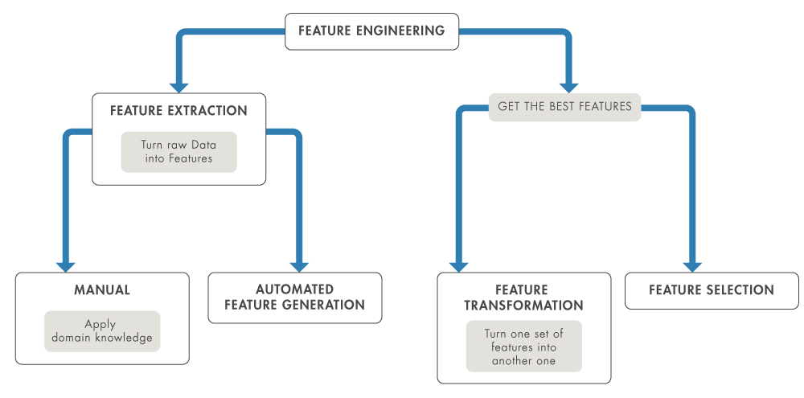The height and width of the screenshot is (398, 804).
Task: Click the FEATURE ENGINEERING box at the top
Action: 371,31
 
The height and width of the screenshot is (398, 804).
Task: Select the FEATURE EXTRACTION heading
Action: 178,110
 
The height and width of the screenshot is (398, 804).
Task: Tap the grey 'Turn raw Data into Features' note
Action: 178,152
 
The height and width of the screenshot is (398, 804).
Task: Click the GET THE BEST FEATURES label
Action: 564,106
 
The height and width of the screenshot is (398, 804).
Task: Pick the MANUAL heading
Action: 102,289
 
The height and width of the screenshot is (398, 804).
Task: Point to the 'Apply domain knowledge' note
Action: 102,331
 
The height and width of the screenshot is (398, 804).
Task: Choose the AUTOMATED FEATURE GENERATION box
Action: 294,297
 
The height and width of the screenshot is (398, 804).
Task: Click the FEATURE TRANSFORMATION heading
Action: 523,297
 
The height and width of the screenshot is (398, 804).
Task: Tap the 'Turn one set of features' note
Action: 523,347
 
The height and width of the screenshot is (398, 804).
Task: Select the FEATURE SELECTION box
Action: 712,290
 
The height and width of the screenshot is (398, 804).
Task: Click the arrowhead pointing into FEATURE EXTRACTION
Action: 178,86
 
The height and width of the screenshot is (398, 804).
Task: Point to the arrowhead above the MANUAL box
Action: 66,265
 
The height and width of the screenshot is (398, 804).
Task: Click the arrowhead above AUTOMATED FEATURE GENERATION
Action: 299,265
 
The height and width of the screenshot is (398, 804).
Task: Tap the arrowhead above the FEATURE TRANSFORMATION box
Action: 458,265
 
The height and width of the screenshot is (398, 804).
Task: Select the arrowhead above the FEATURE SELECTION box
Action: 692,265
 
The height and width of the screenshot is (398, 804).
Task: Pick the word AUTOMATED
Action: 294,289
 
